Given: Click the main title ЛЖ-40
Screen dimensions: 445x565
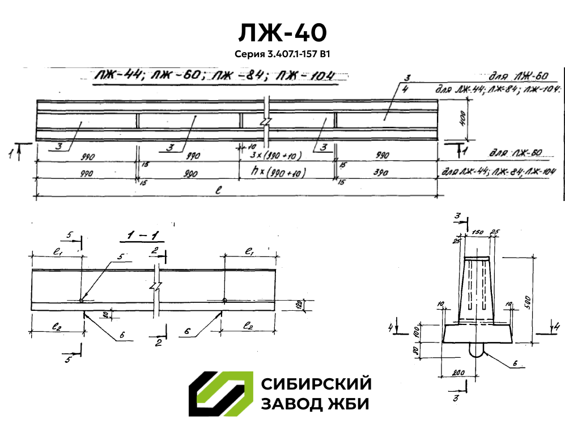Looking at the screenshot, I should (x=282, y=33).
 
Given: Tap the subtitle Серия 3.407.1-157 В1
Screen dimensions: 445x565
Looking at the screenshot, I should (x=282, y=55).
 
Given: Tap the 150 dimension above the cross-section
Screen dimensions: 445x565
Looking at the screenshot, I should (x=477, y=232).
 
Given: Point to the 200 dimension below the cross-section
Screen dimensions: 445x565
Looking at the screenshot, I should (x=460, y=372).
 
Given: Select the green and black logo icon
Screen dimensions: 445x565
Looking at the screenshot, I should (x=220, y=394).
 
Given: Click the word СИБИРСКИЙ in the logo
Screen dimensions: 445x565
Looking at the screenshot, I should (x=316, y=384).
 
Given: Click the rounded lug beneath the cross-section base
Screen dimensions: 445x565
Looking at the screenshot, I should (x=477, y=349).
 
